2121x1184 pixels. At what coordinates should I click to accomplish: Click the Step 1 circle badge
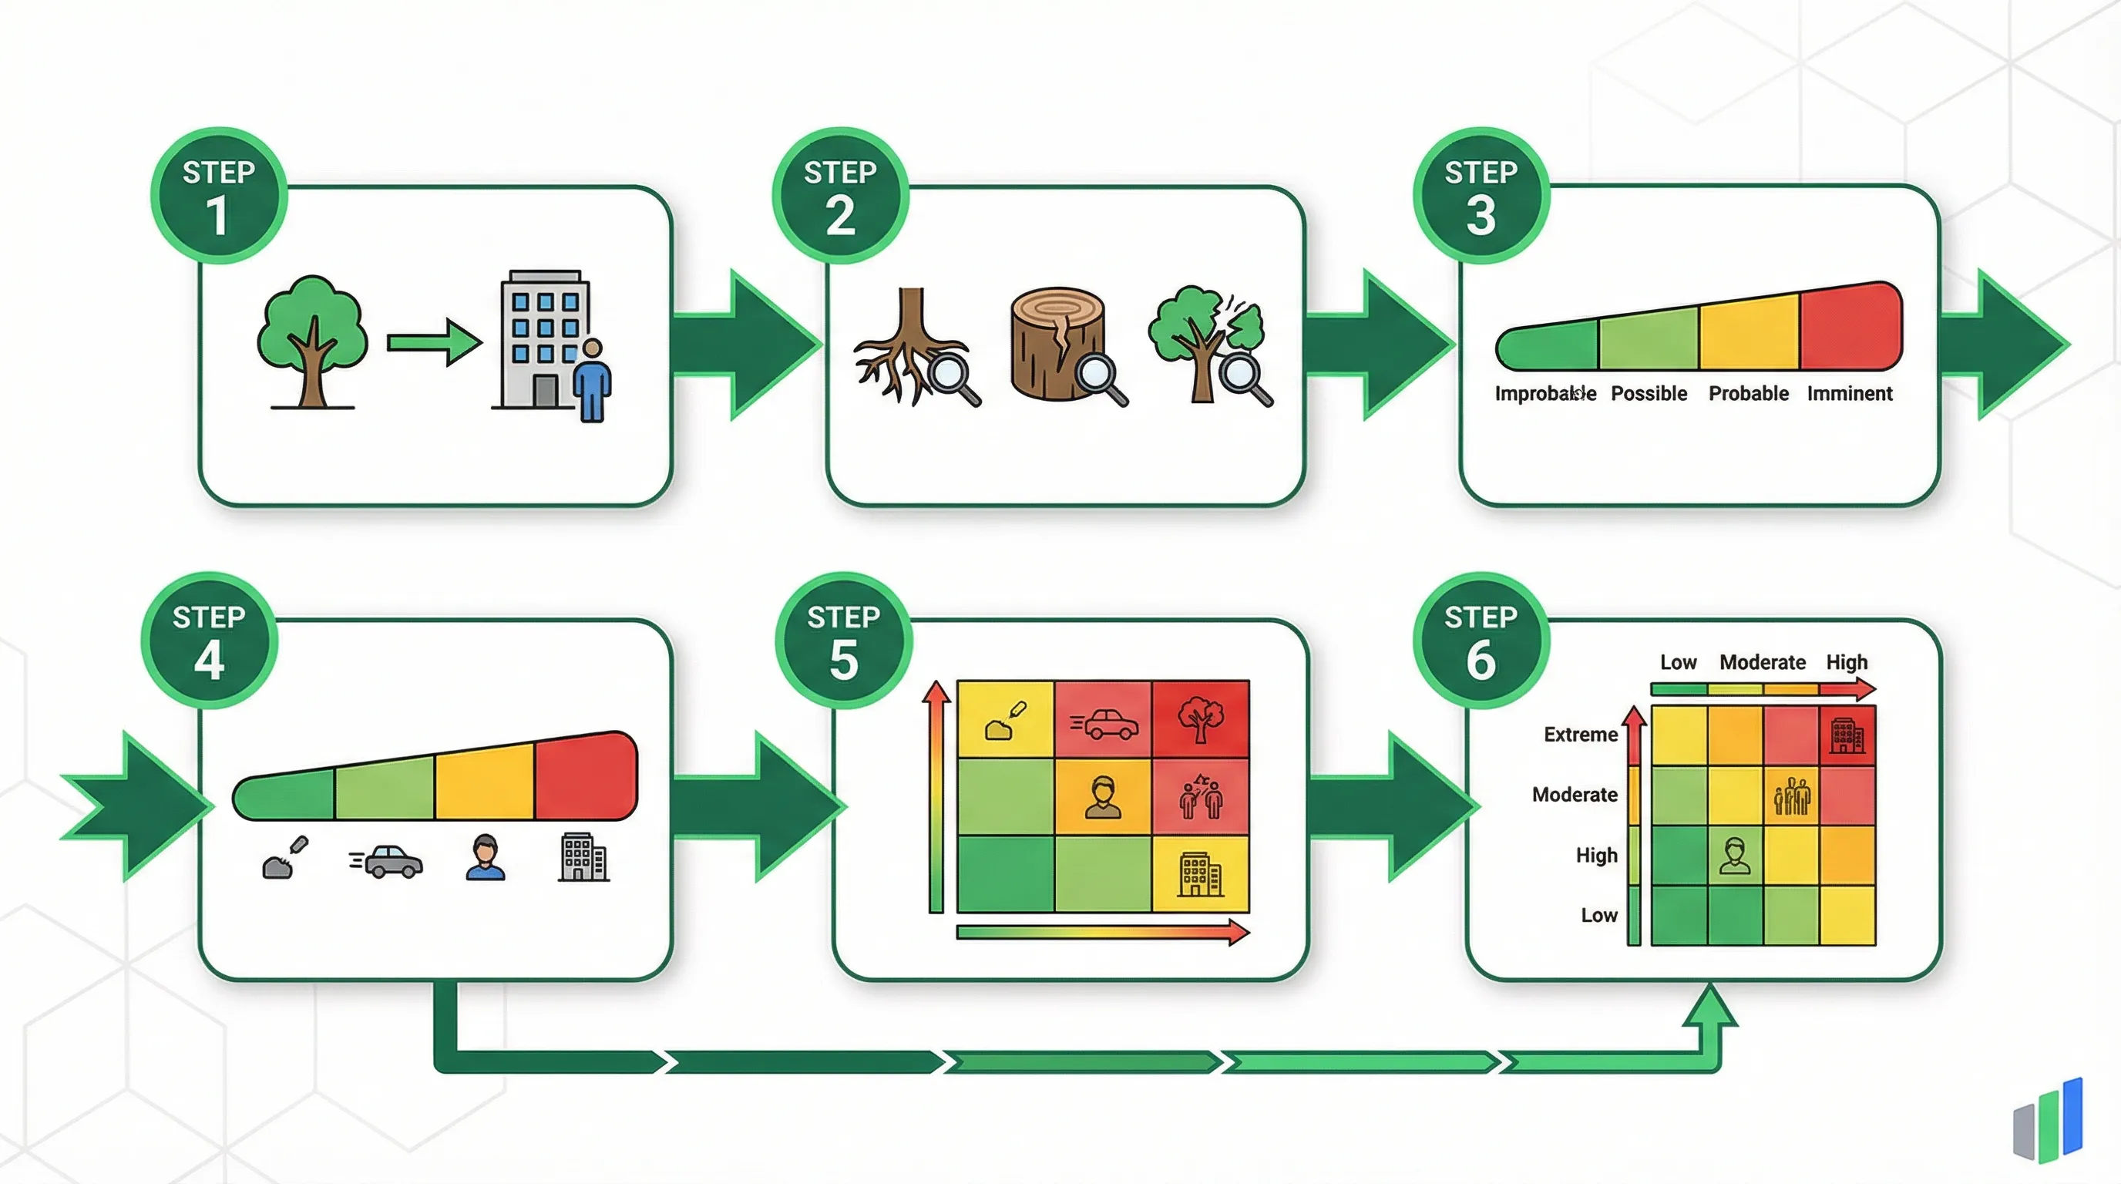pos(218,196)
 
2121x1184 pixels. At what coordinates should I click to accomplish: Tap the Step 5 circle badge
pos(843,641)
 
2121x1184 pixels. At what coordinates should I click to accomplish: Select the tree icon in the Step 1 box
pos(311,340)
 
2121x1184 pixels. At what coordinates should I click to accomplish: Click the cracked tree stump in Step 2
pos(1058,344)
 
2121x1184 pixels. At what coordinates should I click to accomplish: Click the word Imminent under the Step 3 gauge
pos(1849,394)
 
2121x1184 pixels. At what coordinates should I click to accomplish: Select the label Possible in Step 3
pos(1649,394)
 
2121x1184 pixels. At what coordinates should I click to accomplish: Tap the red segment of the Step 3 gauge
pos(1849,327)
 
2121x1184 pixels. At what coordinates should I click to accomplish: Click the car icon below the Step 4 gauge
pos(387,861)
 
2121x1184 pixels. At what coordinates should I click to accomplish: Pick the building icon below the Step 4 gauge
pos(583,858)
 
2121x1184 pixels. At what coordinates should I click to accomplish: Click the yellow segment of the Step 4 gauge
pos(484,782)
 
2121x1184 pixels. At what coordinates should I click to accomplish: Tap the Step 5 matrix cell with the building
pos(1201,873)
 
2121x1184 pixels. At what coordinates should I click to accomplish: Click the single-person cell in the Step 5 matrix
pos(1104,797)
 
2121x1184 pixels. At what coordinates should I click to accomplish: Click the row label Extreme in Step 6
pos(1580,735)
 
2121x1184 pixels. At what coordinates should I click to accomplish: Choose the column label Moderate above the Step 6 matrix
pos(1762,662)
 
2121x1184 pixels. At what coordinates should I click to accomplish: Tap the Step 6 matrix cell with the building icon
pos(1847,735)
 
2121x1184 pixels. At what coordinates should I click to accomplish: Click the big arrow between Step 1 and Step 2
pos(745,344)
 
